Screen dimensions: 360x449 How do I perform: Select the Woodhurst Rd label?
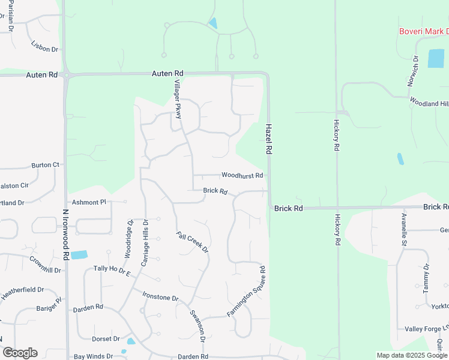coord(242,175)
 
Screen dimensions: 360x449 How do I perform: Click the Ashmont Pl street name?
coord(88,202)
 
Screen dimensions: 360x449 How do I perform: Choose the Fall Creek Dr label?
coord(192,242)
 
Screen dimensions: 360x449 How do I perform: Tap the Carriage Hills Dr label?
coord(145,242)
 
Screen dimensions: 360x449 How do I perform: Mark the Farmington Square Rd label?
coord(246,291)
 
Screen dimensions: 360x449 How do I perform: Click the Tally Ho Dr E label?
coord(112,271)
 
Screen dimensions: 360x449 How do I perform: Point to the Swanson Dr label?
coord(198,326)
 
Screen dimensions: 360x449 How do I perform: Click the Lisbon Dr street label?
coord(45,46)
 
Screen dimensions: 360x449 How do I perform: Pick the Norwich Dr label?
coord(413,71)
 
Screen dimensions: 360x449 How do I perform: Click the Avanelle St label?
coord(403,229)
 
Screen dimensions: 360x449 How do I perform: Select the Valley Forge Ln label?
coord(426,329)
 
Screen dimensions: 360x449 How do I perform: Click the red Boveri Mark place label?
coord(424,31)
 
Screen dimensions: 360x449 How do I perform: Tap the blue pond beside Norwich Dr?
coord(435,58)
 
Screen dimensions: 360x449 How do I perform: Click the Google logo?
coord(20,353)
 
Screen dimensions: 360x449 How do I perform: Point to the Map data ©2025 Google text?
coord(412,355)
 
